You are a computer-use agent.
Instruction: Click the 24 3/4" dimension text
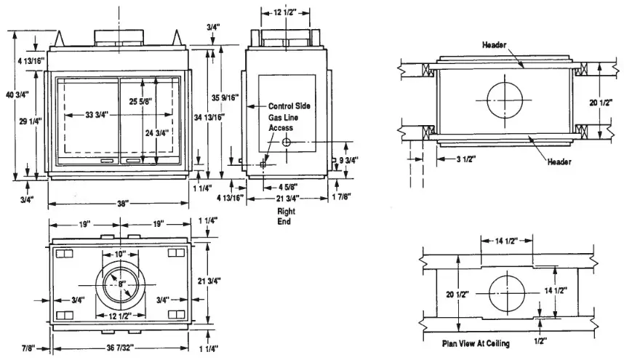pos(157,133)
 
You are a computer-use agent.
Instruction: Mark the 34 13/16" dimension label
pos(211,116)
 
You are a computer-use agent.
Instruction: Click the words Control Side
pos(289,106)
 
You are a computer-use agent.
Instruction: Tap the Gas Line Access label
pos(284,122)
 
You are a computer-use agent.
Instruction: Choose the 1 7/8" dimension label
pos(339,197)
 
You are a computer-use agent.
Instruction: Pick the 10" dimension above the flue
pos(121,254)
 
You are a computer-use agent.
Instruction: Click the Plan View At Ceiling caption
pos(476,343)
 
